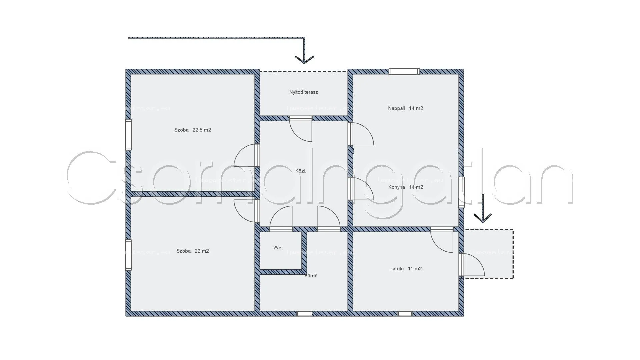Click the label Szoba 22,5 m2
point(192,130)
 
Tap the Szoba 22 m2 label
point(192,251)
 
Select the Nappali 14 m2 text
point(405,108)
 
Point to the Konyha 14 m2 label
point(405,187)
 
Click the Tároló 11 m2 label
point(405,269)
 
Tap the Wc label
point(277,248)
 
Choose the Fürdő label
point(311,276)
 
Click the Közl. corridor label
point(300,171)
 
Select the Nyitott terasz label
point(303,92)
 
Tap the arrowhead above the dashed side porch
point(482,218)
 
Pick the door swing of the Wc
point(281,218)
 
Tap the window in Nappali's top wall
point(404,71)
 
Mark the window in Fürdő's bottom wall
point(304,314)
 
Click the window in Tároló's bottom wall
point(405,314)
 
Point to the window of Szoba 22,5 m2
point(128,135)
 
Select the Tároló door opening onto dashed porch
point(472,265)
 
